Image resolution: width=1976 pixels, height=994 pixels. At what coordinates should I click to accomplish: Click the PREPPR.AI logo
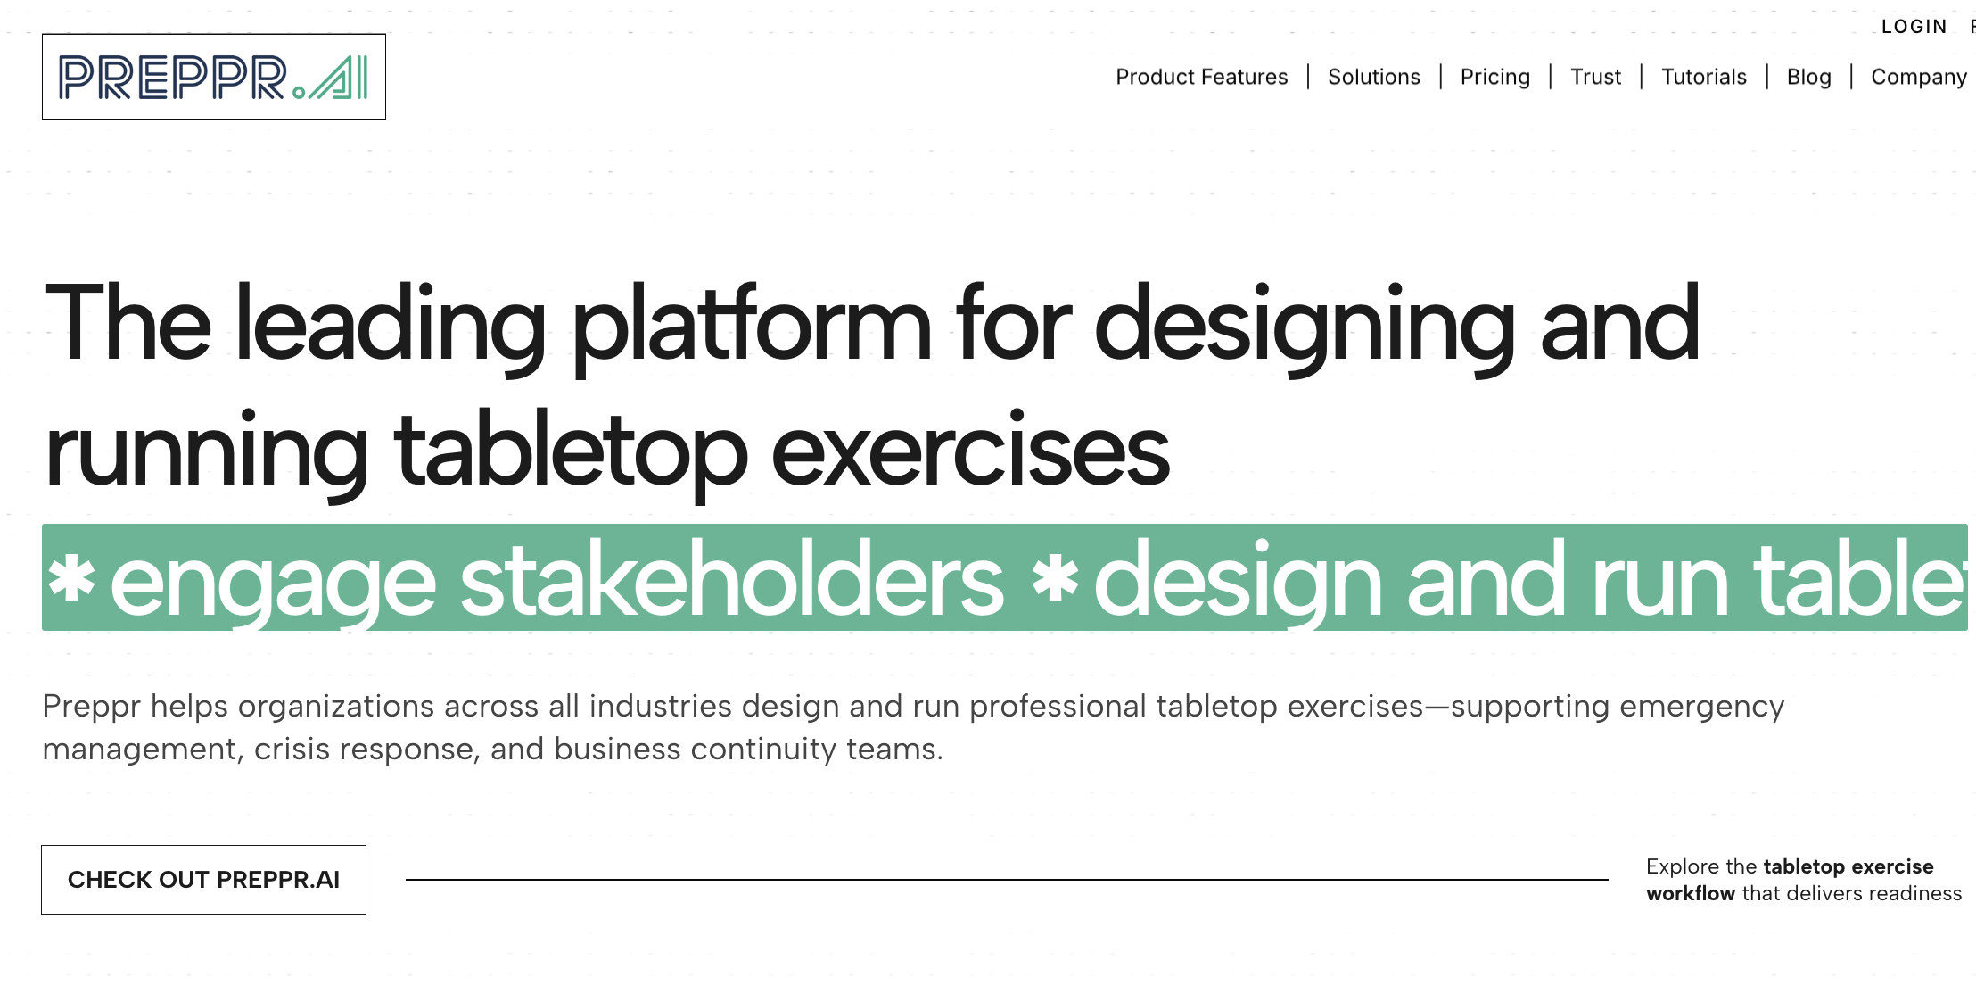point(213,77)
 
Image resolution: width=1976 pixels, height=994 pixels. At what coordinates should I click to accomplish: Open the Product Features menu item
point(1201,78)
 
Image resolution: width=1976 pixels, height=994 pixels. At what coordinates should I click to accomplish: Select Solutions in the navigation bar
point(1373,78)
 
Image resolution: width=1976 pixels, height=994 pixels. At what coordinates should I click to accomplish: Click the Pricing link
point(1494,78)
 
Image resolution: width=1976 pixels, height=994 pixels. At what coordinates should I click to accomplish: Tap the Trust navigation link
point(1595,78)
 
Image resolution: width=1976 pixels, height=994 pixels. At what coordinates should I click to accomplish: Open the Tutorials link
point(1703,78)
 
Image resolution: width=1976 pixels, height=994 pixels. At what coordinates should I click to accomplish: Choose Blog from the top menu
point(1808,78)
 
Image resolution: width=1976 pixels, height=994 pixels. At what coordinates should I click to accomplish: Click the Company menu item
point(1918,78)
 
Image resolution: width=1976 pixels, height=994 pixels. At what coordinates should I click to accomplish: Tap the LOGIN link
point(1914,27)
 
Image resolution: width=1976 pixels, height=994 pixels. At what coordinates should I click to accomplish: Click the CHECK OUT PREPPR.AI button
point(203,880)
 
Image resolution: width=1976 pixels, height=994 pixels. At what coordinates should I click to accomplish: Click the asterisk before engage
point(71,578)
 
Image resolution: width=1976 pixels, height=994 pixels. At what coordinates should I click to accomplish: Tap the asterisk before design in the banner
point(1055,578)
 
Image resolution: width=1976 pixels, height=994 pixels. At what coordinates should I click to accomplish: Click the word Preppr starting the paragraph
point(91,707)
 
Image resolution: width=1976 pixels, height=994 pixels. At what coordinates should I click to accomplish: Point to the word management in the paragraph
point(139,750)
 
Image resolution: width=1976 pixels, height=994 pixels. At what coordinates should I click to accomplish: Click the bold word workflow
point(1690,894)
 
